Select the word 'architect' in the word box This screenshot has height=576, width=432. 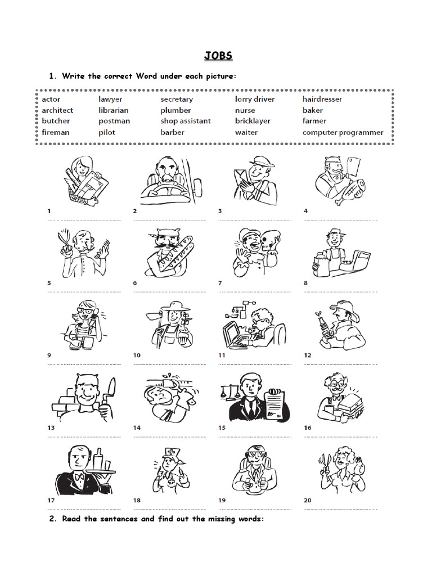(x=57, y=110)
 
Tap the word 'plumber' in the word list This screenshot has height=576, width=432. (x=175, y=110)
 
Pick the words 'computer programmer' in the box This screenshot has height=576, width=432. (x=343, y=133)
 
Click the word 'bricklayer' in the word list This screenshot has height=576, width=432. (x=253, y=121)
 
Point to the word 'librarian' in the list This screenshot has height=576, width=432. (x=114, y=110)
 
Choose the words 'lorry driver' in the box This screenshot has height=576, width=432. (x=255, y=99)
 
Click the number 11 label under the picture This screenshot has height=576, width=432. (x=222, y=355)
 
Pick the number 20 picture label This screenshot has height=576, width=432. (x=308, y=500)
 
